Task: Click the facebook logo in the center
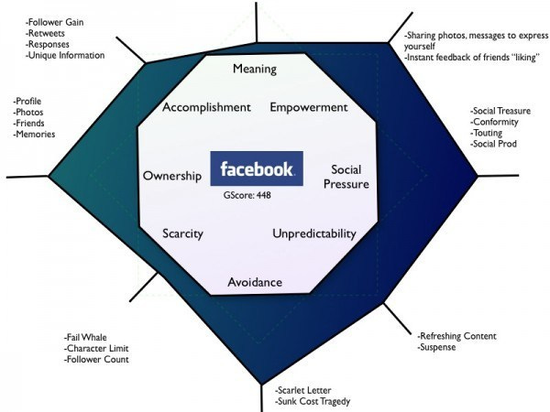(x=256, y=169)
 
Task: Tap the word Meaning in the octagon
(x=255, y=70)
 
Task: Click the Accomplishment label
(x=206, y=107)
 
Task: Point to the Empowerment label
(x=309, y=107)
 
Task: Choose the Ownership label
(x=171, y=176)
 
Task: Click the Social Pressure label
(x=349, y=177)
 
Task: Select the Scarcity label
(x=182, y=233)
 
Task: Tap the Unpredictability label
(x=313, y=233)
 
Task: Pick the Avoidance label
(x=255, y=281)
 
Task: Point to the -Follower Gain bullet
(x=57, y=19)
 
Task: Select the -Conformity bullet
(x=496, y=122)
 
